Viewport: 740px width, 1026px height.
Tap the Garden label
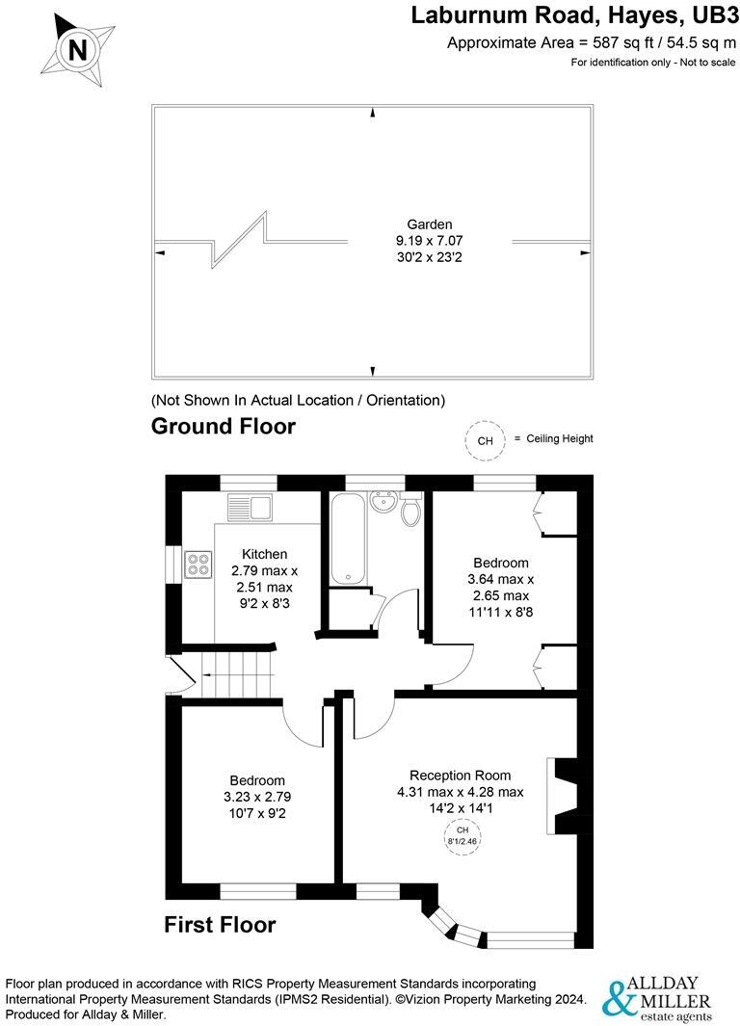point(430,224)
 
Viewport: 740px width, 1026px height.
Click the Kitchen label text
point(264,554)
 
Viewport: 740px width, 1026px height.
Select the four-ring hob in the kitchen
point(198,563)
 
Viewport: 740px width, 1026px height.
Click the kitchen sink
point(251,505)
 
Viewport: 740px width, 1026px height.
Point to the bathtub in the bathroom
point(345,537)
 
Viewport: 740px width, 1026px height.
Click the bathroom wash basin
point(384,500)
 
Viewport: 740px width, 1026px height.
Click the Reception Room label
point(460,775)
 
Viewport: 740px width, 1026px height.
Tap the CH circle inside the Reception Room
point(462,834)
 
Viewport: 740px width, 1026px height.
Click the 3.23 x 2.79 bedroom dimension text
point(256,797)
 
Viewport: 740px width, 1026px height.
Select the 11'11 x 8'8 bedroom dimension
point(500,611)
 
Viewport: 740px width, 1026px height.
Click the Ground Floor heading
point(224,426)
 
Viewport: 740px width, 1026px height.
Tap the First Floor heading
point(220,925)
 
